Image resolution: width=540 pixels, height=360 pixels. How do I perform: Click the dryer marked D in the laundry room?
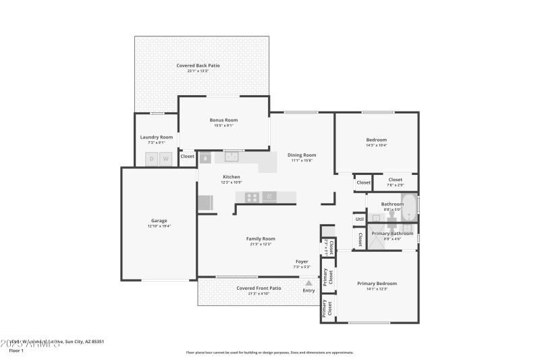pos(151,159)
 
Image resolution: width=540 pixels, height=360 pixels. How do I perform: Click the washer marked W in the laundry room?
pos(165,159)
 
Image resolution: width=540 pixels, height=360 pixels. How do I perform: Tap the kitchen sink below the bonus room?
pos(232,157)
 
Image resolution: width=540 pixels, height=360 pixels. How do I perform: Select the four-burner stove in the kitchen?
pos(252,197)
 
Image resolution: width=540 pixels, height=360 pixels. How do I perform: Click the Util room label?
pos(359,220)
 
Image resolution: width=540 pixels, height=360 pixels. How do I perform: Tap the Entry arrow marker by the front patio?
pos(308,284)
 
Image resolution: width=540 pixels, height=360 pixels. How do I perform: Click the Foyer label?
pos(302,261)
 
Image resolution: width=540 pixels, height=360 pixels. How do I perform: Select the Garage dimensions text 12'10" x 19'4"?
pos(159,226)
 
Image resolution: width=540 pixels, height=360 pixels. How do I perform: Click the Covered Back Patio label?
pos(198,66)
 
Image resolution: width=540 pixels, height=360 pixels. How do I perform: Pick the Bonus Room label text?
pos(223,120)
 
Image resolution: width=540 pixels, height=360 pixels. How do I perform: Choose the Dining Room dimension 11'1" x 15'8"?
pos(302,161)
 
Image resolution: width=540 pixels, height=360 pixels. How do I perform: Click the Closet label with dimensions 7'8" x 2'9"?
pos(396,182)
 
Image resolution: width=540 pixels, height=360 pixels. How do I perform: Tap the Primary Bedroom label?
pos(377,283)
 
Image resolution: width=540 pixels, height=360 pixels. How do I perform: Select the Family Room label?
pos(260,238)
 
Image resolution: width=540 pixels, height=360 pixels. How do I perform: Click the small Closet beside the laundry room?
pos(188,156)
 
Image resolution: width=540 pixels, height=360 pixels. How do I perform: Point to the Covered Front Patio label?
pos(259,288)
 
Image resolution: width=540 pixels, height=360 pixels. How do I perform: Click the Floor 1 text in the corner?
pos(16,351)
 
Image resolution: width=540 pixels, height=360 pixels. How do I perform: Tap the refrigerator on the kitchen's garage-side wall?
pos(205,203)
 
